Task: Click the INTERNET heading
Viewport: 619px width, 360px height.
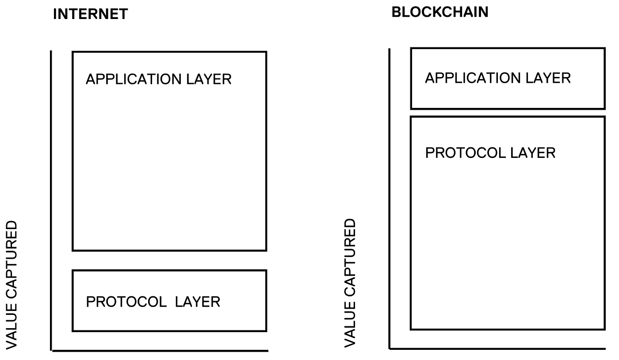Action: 90,14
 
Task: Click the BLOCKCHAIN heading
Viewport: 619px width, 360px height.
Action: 440,12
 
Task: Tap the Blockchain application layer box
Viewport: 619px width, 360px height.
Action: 508,95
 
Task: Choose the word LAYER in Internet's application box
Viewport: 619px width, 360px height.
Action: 211,79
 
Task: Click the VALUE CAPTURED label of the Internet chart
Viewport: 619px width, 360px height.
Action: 11,285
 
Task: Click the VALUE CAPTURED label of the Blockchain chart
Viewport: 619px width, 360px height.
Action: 350,283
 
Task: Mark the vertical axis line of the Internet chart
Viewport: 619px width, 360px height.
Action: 51,199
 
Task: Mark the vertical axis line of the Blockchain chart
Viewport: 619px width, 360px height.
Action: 390,199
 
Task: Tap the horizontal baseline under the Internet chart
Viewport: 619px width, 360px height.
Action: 160,351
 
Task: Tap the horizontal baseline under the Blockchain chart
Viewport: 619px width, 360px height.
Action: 497,349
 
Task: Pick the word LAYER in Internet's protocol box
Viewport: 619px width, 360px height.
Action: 197,302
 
